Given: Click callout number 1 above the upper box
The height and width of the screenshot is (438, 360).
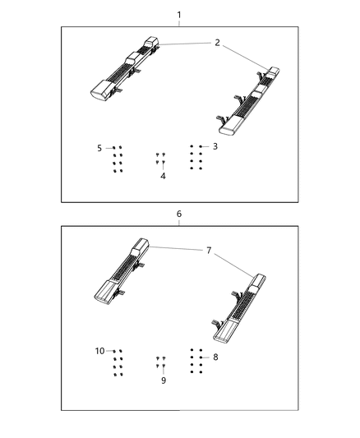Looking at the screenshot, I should (x=179, y=15).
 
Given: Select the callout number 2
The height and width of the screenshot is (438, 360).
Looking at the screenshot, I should (x=217, y=43).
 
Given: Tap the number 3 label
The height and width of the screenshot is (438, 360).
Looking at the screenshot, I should (x=215, y=146).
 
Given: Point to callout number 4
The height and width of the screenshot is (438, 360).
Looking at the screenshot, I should (x=163, y=176).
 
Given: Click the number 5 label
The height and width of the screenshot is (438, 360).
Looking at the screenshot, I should (x=99, y=148).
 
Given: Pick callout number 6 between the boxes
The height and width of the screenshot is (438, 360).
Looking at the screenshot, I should (x=179, y=214).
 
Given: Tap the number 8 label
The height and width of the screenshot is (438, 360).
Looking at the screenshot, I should (x=215, y=357).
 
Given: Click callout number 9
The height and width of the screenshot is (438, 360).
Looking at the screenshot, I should (x=163, y=380).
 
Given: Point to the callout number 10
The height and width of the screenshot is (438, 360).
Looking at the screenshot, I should (x=99, y=351).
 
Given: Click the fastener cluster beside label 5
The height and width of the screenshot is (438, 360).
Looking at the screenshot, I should (x=118, y=159).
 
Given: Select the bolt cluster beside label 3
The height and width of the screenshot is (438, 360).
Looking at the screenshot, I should (x=196, y=157).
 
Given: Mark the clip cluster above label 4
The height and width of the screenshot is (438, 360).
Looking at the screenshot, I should (x=161, y=159).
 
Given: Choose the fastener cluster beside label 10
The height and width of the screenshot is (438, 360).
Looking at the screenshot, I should (x=118, y=362).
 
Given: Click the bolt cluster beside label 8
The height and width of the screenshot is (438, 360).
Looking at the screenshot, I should (x=196, y=361).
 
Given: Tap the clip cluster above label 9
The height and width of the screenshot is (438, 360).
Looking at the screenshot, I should (x=161, y=362).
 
